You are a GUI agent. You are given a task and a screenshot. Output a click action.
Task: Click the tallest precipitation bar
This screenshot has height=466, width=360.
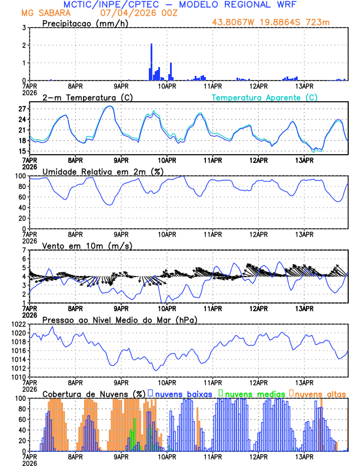[x=151, y=62]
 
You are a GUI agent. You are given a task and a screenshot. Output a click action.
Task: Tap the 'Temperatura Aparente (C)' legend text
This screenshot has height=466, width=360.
[x=264, y=97]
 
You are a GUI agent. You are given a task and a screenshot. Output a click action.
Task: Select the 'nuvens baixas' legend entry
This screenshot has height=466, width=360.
[x=178, y=393]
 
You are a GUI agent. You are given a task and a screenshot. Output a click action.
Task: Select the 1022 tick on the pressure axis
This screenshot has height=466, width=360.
[x=18, y=324]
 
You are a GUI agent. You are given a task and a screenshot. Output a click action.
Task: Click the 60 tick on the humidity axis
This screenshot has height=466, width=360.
[x=22, y=197]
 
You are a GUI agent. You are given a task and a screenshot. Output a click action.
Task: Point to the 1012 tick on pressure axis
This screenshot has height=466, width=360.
[x=18, y=368]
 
